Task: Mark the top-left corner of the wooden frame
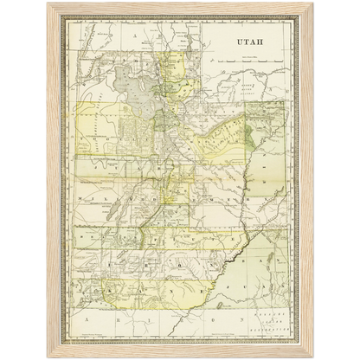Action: point(45,2)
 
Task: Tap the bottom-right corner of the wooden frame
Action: point(314,357)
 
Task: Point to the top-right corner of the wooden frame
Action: point(314,2)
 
